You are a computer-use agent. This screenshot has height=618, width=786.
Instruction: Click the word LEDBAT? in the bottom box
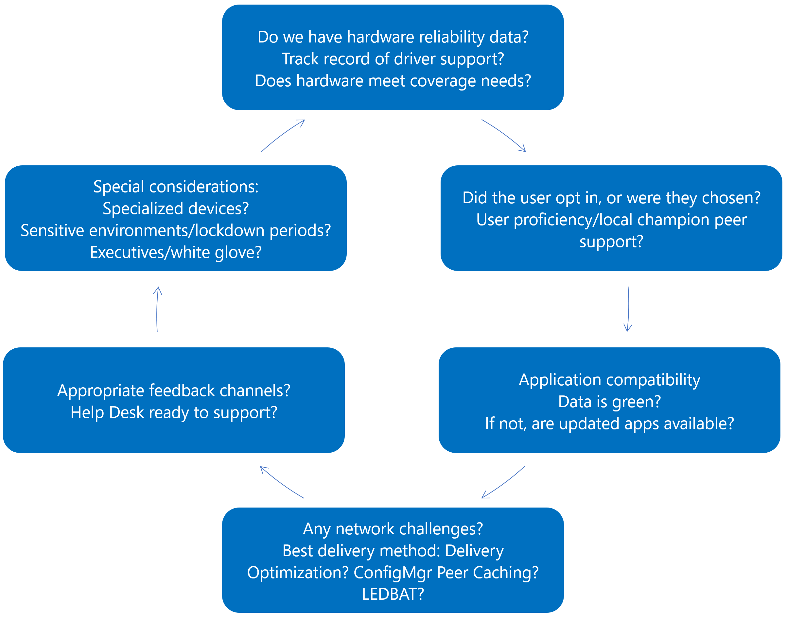393,594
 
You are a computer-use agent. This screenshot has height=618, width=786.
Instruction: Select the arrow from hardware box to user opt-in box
504,135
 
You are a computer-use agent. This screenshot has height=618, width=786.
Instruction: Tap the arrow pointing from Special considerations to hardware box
282,135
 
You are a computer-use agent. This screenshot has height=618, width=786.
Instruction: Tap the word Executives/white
150,252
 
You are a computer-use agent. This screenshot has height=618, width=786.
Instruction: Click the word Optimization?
298,573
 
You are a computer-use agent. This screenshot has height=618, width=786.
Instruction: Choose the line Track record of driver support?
393,58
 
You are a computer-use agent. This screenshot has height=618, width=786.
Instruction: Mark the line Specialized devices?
176,209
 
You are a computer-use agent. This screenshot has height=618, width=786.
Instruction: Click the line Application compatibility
609,379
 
